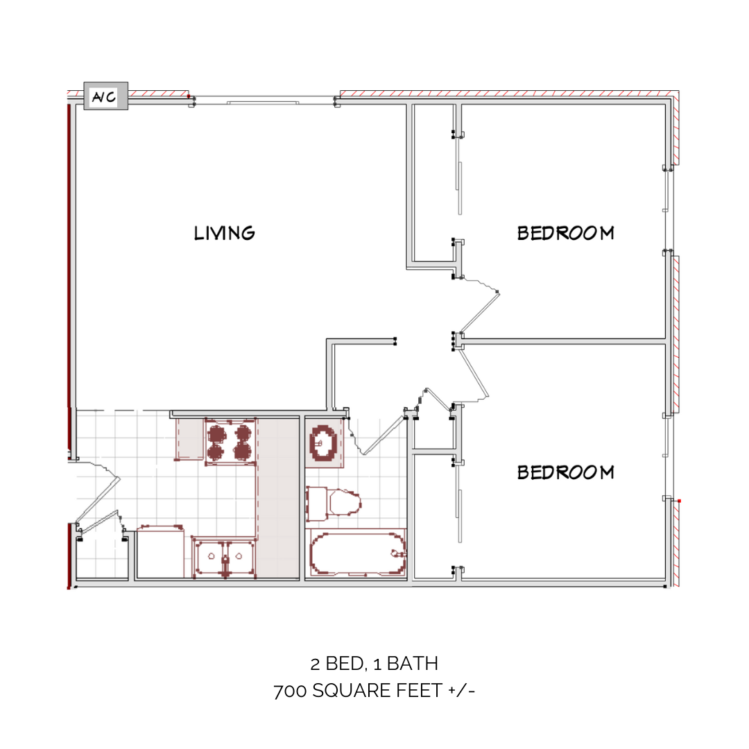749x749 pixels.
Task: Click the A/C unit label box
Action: click(x=105, y=97)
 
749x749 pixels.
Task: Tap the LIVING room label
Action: click(x=224, y=233)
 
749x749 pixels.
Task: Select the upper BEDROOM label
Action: click(x=565, y=233)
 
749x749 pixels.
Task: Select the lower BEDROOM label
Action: click(x=565, y=472)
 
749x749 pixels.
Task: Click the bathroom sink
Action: click(x=324, y=442)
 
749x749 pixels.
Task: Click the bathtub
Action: click(x=358, y=552)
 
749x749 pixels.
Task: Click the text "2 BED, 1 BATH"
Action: click(x=374, y=664)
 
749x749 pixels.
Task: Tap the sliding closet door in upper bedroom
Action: click(x=458, y=187)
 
